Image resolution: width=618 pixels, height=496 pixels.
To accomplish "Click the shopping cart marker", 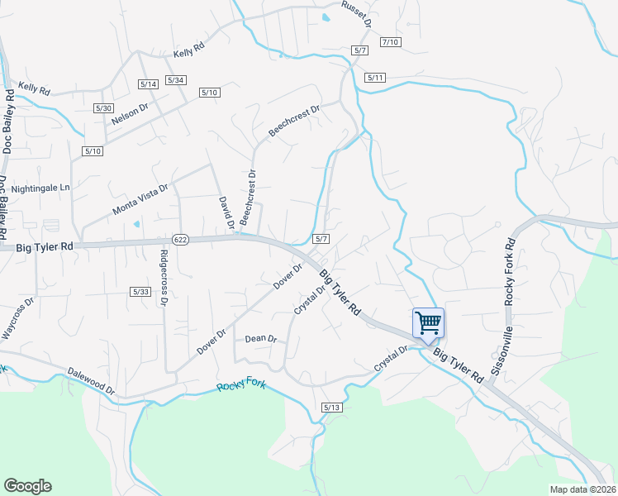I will pyautogui.click(x=428, y=323).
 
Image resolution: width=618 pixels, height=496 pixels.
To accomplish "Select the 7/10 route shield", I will pyautogui.click(x=390, y=42).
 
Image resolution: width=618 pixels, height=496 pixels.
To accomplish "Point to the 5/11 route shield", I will pyautogui.click(x=375, y=78).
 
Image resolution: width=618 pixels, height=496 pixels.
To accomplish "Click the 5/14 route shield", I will pyautogui.click(x=149, y=84).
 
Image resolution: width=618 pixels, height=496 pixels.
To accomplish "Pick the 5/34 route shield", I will pyautogui.click(x=176, y=80).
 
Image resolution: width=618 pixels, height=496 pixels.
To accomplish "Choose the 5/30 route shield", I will pyautogui.click(x=103, y=108).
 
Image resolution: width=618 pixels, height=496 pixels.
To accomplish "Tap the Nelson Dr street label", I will pyautogui.click(x=129, y=114).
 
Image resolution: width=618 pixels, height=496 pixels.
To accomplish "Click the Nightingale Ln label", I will pyautogui.click(x=41, y=188).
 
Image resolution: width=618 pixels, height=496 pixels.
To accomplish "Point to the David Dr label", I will pyautogui.click(x=223, y=212).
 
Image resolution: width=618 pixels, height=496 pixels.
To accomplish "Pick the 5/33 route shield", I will pyautogui.click(x=140, y=292).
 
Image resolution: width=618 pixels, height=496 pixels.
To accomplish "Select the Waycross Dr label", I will pyautogui.click(x=17, y=317).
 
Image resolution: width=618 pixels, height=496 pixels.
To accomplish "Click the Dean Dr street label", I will pyautogui.click(x=261, y=339).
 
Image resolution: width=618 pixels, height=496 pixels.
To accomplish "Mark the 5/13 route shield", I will pyautogui.click(x=331, y=408).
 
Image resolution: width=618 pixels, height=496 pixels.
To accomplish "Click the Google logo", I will pyautogui.click(x=27, y=486).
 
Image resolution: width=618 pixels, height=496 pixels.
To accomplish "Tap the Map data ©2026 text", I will pyautogui.click(x=582, y=489).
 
